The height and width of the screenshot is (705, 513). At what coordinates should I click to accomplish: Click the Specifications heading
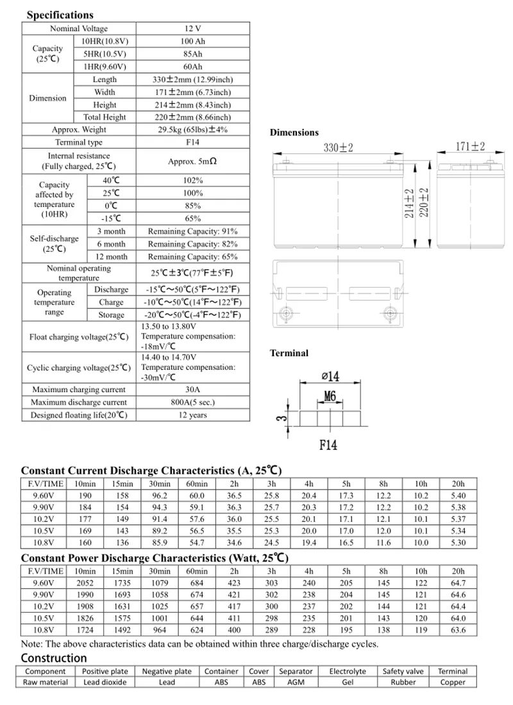tap(60, 15)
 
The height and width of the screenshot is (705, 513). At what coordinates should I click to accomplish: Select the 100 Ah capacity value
tap(193, 41)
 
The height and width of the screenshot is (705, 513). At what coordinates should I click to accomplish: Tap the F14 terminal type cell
tap(193, 142)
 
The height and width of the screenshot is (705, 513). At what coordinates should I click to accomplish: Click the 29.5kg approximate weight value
tap(193, 129)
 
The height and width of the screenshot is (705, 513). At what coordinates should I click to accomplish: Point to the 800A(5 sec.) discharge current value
tap(193, 402)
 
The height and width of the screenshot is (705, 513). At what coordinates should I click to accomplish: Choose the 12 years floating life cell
tap(193, 415)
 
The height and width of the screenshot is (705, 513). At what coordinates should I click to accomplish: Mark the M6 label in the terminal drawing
tap(330, 397)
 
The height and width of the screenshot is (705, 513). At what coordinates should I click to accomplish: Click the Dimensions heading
tap(294, 132)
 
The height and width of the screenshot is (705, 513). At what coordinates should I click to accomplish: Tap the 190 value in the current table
tap(85, 495)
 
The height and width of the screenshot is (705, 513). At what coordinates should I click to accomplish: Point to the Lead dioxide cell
tap(105, 683)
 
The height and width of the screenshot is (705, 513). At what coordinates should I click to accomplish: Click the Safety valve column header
tap(403, 671)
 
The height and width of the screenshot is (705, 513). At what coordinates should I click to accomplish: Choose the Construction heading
tap(54, 658)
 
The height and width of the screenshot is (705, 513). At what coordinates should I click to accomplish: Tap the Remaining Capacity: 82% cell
tap(193, 244)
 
